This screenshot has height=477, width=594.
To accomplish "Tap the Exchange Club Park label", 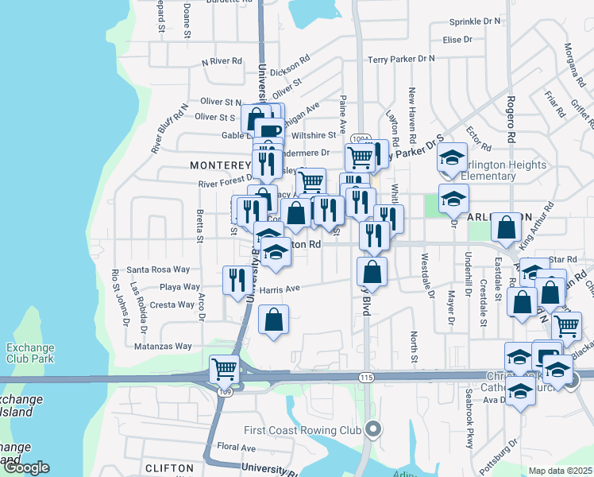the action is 29,353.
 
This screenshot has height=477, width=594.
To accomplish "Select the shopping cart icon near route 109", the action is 225,369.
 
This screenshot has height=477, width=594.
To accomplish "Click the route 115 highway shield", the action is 365,377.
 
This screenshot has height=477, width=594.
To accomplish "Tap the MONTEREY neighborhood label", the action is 220,165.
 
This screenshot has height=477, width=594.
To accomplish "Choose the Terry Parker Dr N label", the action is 402,59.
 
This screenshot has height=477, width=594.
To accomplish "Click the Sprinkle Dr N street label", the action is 475,21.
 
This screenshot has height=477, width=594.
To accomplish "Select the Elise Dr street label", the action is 457,39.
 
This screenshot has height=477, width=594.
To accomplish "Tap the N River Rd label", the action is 222,60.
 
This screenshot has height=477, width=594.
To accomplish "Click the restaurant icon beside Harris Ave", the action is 237,280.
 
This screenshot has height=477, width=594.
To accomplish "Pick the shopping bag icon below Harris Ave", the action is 273,320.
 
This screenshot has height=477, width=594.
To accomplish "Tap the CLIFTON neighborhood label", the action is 169,468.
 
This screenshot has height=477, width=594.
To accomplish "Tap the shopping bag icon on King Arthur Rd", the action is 506,228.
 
